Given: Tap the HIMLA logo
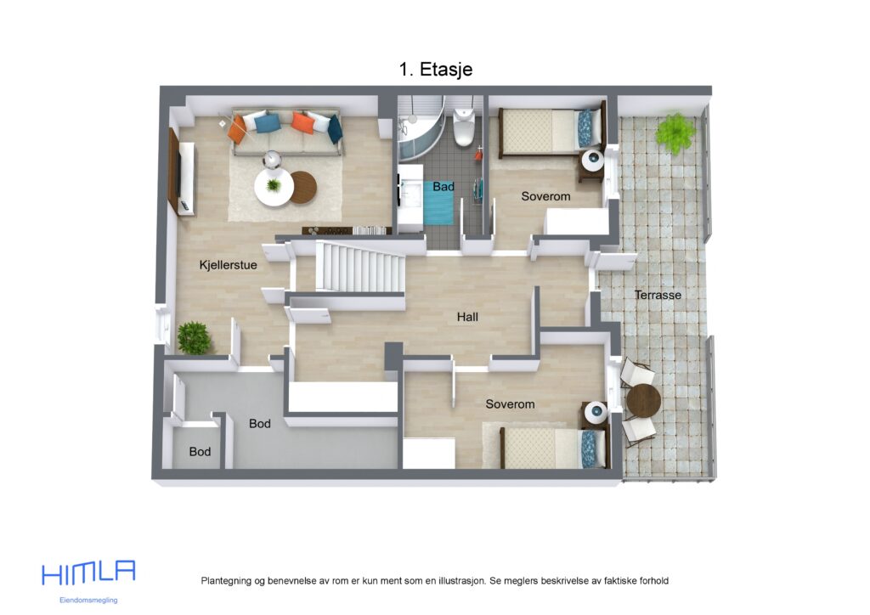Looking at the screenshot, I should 88,573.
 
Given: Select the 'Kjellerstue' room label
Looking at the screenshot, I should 228,265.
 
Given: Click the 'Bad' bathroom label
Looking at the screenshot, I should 443,186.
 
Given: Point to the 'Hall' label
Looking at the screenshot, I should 467,317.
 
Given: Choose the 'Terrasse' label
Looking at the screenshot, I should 658,295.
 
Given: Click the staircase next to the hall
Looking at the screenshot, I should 359,266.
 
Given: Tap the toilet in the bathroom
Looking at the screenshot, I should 464,128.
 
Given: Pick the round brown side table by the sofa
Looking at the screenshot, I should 302,187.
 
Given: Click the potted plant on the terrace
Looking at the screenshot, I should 675,133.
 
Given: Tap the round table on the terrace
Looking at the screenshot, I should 643,400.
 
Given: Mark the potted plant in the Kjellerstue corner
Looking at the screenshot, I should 194,337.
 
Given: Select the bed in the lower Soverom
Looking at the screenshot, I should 551,447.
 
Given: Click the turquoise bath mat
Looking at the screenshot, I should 439,207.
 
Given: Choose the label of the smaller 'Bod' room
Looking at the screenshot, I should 200,452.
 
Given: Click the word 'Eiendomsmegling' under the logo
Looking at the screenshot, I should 88,600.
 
